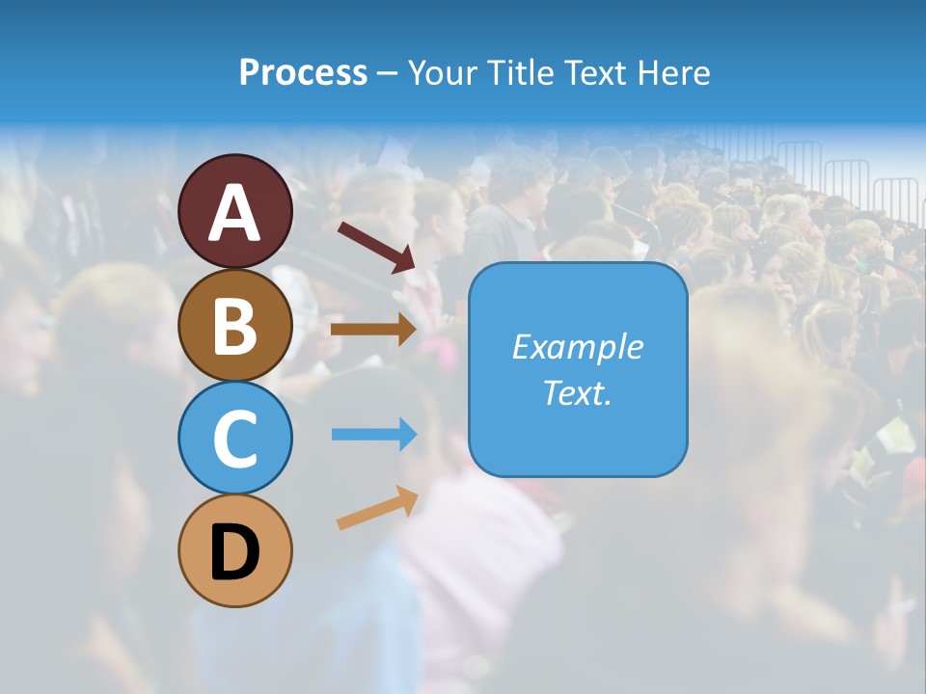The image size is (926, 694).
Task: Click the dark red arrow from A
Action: [376, 245]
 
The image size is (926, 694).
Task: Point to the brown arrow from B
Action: [373, 329]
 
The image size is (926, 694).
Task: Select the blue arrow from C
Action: [373, 435]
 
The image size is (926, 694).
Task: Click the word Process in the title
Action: [303, 72]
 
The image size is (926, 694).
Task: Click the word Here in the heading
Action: [674, 72]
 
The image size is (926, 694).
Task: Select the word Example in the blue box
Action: [577, 347]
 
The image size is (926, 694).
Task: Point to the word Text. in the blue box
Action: [577, 392]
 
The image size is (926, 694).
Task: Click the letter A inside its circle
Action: [235, 213]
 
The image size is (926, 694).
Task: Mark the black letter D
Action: [235, 552]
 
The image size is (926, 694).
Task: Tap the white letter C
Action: [235, 439]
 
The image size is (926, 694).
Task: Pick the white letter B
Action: [235, 326]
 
